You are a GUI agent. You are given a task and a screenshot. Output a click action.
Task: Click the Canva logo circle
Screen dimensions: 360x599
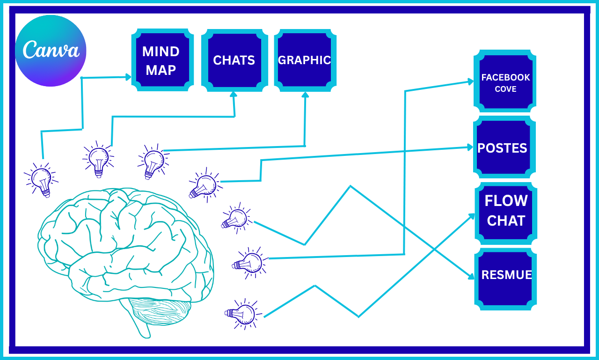(51, 51)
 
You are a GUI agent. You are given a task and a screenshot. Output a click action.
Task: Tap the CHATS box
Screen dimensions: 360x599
(234, 60)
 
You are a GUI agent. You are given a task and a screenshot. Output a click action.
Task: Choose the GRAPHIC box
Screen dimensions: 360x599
(305, 60)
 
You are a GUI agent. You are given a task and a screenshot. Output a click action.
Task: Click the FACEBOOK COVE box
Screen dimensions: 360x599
(505, 82)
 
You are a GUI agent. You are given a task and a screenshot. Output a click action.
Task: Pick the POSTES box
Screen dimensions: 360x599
(503, 148)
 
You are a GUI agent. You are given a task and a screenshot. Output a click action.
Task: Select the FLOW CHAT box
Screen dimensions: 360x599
(505, 211)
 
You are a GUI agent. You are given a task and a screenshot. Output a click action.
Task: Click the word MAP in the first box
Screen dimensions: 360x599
(161, 70)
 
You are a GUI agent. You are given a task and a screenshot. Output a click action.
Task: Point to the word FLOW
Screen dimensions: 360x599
(506, 201)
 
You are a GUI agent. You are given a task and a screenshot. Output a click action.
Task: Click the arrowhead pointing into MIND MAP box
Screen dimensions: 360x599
(128, 77)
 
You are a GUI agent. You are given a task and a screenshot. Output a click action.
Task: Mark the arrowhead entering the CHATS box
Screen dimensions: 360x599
(234, 95)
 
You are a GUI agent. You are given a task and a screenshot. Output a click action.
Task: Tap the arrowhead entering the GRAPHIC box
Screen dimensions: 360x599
(305, 95)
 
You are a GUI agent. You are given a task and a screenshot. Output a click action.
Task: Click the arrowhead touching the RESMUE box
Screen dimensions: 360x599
(470, 277)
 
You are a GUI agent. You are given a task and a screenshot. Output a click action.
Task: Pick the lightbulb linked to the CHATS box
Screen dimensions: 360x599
(98, 159)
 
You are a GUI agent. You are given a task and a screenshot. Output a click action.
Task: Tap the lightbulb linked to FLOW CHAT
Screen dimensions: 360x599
(242, 315)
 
